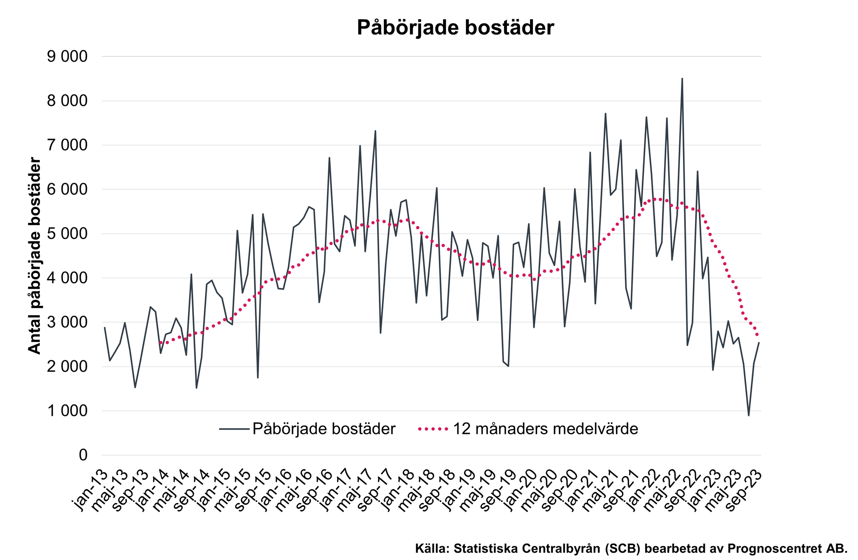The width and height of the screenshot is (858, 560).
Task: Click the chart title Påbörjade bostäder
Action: tap(455, 28)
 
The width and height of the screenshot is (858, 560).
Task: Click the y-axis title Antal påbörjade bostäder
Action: tap(34, 256)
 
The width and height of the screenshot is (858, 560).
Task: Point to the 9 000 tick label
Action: tap(67, 57)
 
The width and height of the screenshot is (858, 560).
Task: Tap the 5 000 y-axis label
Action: tap(67, 234)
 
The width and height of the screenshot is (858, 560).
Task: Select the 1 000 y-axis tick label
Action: tap(67, 411)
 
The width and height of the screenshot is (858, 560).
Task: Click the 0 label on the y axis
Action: tap(83, 455)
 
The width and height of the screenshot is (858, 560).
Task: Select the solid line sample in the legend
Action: tap(234, 429)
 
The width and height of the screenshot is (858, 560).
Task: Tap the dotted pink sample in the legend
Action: tap(433, 429)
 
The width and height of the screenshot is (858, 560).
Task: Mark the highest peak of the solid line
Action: tap(682, 79)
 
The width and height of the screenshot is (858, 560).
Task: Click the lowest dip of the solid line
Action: tap(749, 415)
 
